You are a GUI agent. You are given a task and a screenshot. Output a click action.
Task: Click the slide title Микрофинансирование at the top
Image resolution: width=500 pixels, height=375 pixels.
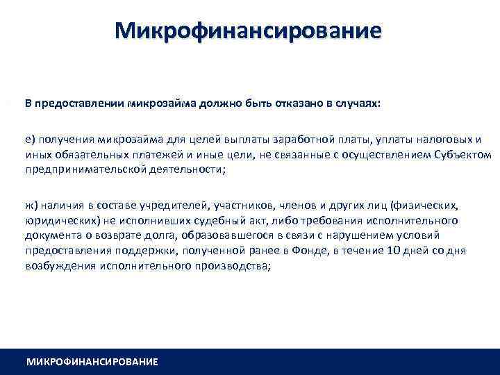click(249, 31)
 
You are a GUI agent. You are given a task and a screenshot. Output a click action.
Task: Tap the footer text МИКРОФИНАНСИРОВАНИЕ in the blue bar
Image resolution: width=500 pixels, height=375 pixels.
click(92, 362)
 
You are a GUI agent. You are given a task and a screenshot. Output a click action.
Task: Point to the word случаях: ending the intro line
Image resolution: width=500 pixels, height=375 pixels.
click(358, 103)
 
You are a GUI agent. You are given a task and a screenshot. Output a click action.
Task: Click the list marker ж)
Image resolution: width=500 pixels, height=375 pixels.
click(33, 205)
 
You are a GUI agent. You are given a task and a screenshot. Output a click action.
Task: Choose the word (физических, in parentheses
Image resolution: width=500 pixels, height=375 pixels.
click(423, 205)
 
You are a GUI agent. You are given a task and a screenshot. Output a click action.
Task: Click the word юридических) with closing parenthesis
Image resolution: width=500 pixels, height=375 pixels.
click(55, 220)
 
